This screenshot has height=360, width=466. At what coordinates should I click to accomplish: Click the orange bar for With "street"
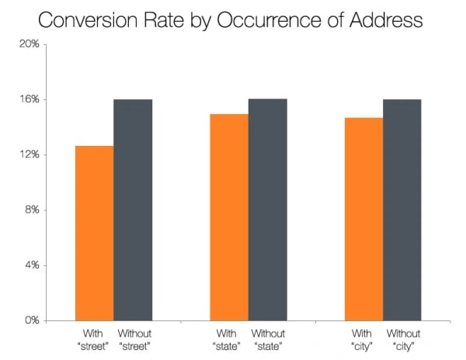(94, 233)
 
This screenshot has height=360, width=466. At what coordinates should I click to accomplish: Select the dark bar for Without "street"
(133, 209)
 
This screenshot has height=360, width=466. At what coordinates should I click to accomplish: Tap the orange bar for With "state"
(229, 217)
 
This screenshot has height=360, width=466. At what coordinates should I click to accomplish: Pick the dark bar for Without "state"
(268, 209)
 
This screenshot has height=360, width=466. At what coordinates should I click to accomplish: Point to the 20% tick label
(30, 44)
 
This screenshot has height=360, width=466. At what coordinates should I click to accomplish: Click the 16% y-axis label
(30, 99)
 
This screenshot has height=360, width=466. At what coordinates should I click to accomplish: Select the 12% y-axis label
(30, 154)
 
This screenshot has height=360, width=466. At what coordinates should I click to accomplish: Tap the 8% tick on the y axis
(31, 210)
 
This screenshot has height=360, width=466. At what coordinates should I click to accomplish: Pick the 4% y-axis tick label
(31, 265)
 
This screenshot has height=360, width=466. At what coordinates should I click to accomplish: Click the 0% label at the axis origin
(31, 320)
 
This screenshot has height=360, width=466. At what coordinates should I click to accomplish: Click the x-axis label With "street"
(93, 339)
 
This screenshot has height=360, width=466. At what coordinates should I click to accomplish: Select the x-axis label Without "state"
(268, 339)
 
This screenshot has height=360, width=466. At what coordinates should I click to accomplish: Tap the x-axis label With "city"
(363, 339)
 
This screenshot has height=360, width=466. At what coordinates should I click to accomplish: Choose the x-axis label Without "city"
(403, 339)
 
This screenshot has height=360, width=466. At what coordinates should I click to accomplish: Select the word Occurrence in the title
(257, 19)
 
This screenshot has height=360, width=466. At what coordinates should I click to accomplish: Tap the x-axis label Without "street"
(134, 339)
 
